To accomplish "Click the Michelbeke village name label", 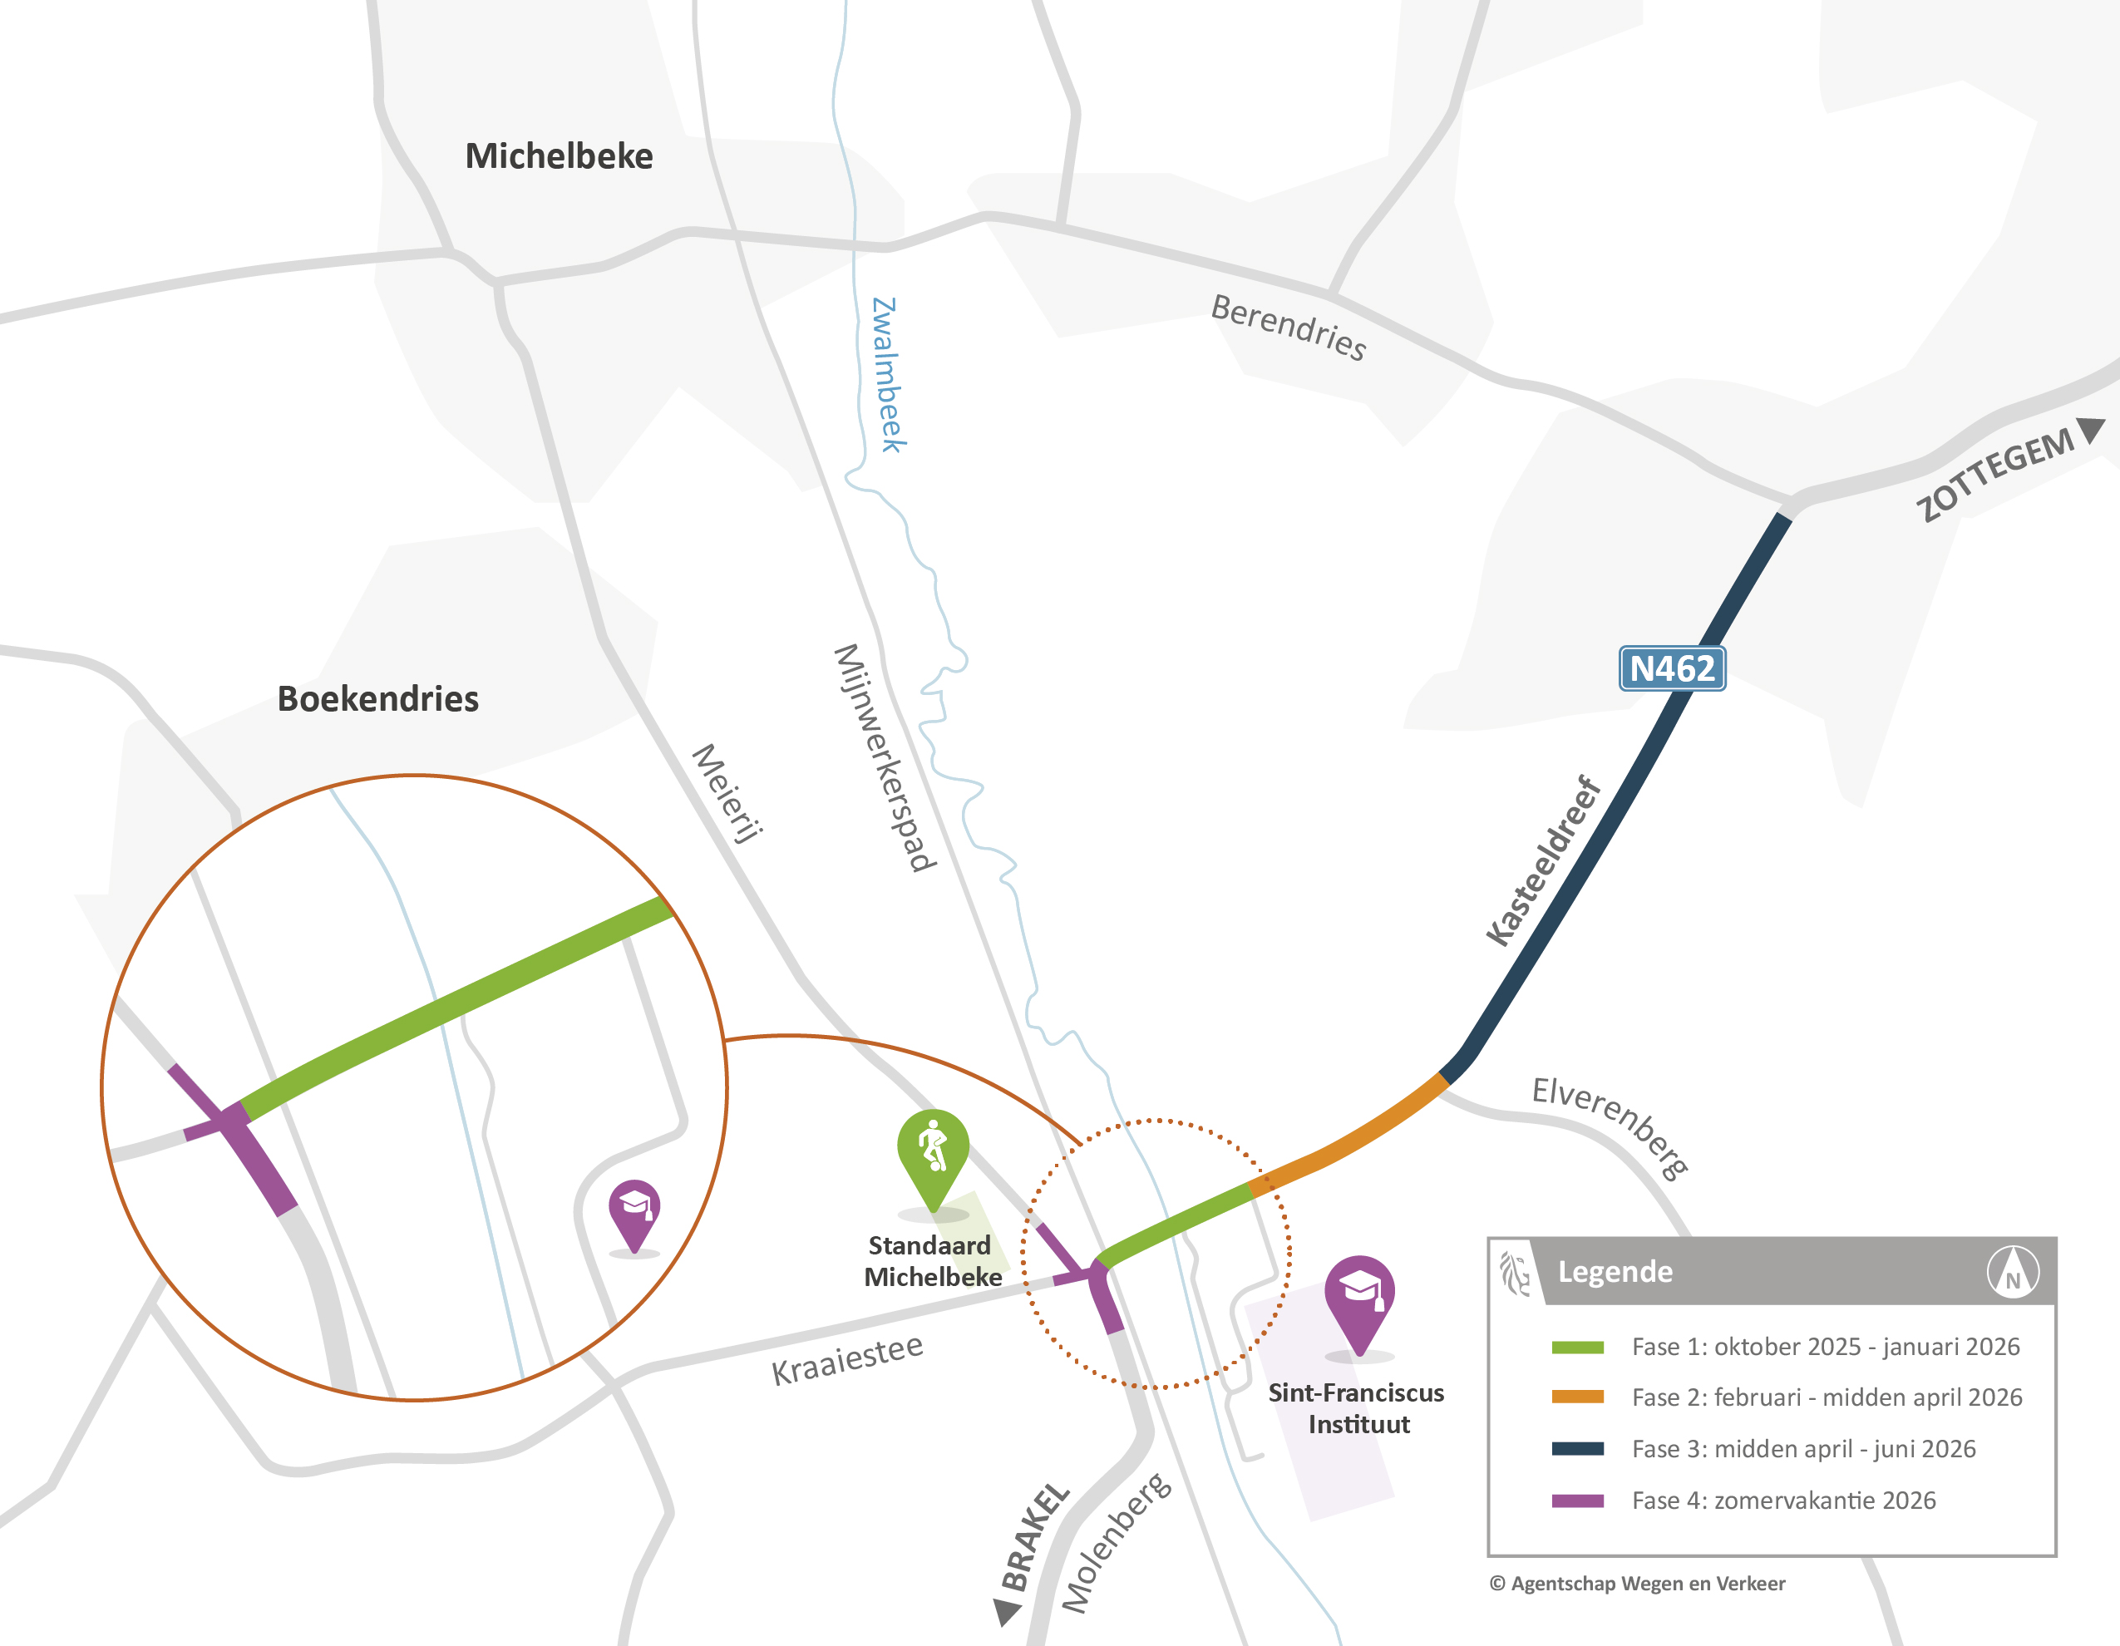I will pyautogui.click(x=560, y=156).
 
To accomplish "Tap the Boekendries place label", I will pyautogui.click(x=377, y=699).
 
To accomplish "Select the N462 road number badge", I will pyautogui.click(x=1672, y=668).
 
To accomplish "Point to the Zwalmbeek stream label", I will pyautogui.click(x=888, y=375).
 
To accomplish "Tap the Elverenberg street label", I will pyautogui.click(x=1610, y=1126).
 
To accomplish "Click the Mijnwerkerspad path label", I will pyautogui.click(x=885, y=757).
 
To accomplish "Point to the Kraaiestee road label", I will pyautogui.click(x=846, y=1360).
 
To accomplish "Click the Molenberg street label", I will pyautogui.click(x=1117, y=1542).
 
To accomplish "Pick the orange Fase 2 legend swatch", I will pyautogui.click(x=1577, y=1397).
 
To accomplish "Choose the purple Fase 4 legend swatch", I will pyautogui.click(x=1577, y=1501).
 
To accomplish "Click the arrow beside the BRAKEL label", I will pyautogui.click(x=1008, y=1611).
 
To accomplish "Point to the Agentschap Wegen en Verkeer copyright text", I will pyautogui.click(x=1637, y=1584).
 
